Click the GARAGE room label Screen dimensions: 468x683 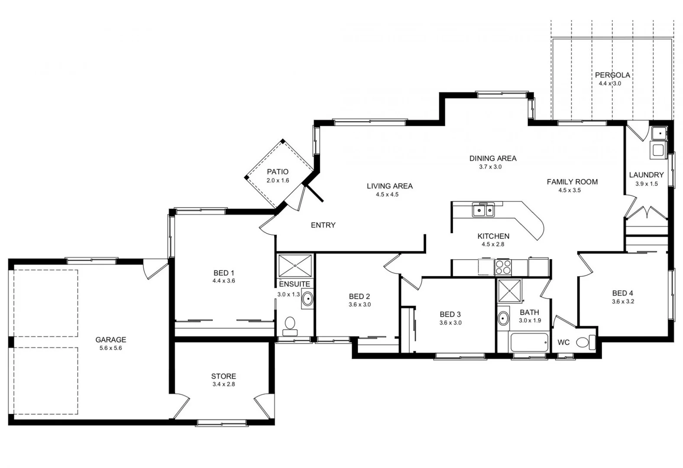point(111,340)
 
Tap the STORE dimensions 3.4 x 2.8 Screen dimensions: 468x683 point(223,384)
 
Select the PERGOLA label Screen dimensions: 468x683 point(612,75)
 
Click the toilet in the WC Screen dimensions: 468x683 point(585,342)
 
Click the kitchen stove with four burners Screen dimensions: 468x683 point(503,267)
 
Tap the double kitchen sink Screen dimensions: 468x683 point(484,211)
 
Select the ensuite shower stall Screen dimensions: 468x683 point(295,266)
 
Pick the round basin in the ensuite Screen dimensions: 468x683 point(308,299)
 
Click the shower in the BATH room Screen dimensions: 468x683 point(510,291)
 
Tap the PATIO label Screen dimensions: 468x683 point(278,172)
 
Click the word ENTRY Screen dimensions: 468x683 point(323,225)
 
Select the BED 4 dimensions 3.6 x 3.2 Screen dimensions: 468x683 point(623,302)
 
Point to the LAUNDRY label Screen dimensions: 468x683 point(646,175)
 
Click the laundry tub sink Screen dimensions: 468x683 point(658,133)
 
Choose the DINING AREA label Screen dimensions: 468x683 point(493,158)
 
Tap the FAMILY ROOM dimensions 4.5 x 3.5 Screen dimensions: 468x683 point(570,190)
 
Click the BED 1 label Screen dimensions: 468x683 point(223,273)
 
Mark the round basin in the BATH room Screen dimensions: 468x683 point(503,318)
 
